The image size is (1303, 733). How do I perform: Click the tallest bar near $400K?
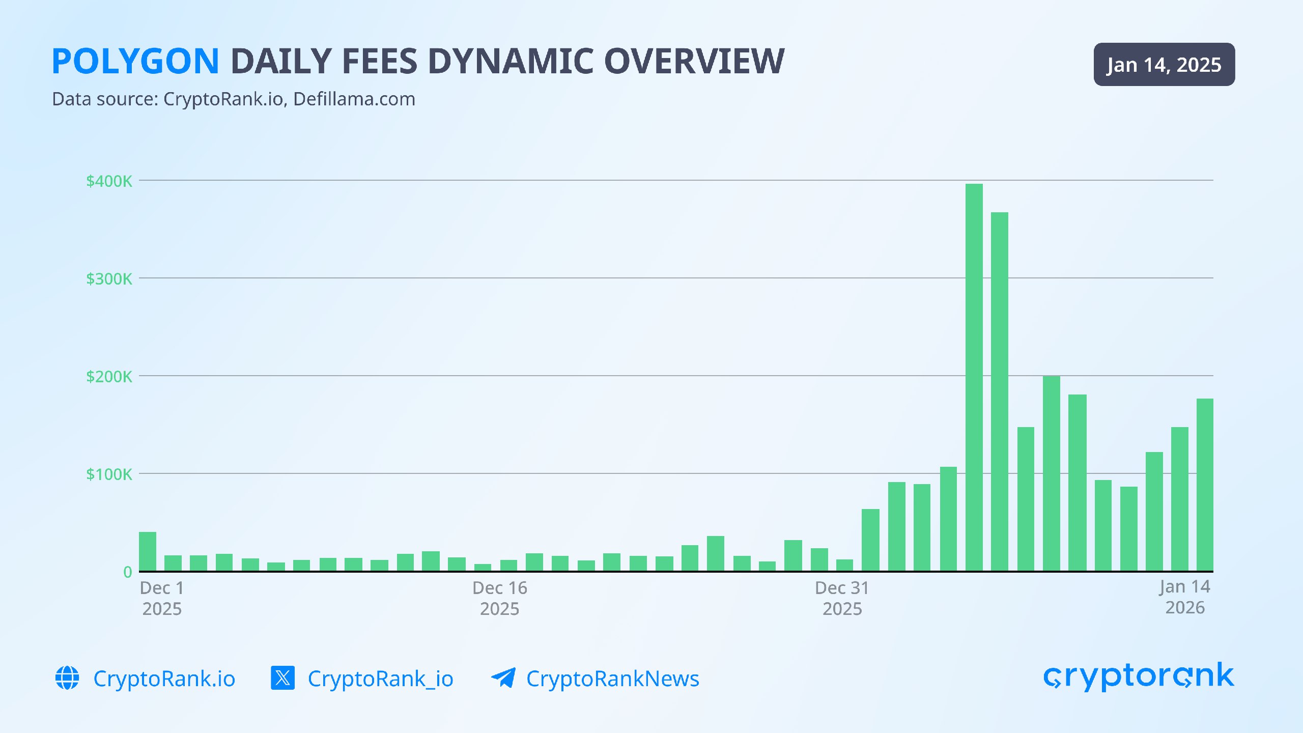click(x=974, y=377)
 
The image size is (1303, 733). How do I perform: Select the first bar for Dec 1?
click(x=148, y=551)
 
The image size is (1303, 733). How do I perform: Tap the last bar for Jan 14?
click(x=1205, y=485)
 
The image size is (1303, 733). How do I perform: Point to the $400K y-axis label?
click(x=109, y=181)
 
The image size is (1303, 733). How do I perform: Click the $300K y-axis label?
click(x=109, y=279)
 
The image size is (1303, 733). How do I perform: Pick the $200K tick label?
click(x=109, y=377)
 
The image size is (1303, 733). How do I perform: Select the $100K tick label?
click(x=109, y=474)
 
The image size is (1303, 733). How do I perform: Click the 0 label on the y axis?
click(x=127, y=572)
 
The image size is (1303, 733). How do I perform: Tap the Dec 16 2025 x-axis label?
click(x=499, y=598)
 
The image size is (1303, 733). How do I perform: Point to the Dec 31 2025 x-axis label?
click(x=842, y=598)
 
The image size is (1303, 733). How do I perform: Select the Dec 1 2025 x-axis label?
click(x=162, y=598)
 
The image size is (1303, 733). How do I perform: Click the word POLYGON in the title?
click(x=135, y=62)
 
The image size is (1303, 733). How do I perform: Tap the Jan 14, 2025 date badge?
click(x=1164, y=65)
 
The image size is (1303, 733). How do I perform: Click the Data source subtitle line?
click(x=234, y=99)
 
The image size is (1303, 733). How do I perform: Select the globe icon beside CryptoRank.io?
click(x=67, y=678)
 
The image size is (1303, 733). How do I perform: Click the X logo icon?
click(x=282, y=678)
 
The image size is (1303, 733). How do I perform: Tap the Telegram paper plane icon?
click(x=503, y=678)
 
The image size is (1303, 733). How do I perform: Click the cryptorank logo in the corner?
click(x=1138, y=676)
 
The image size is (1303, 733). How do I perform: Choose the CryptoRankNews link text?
click(x=613, y=679)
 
